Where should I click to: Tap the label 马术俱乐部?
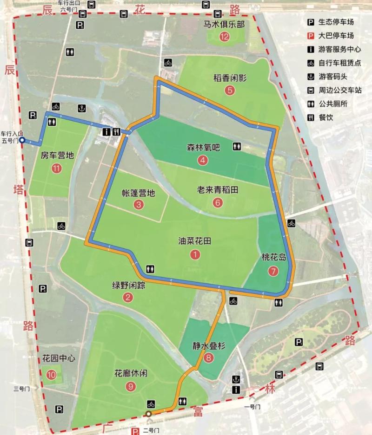(x=224, y=25)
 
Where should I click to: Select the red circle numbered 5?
(x=230, y=90)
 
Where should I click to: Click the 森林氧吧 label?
(x=202, y=148)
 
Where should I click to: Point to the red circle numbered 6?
(x=217, y=202)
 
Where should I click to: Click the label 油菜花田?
(x=195, y=241)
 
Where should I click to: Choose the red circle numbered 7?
(x=272, y=271)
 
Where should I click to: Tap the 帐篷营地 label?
(x=138, y=193)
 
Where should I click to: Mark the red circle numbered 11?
(x=57, y=169)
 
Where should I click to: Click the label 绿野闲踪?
(x=128, y=286)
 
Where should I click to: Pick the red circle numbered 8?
(x=209, y=357)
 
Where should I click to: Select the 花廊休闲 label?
(x=130, y=373)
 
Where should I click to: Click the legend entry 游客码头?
(x=332, y=76)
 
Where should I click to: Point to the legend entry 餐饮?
(x=326, y=117)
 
